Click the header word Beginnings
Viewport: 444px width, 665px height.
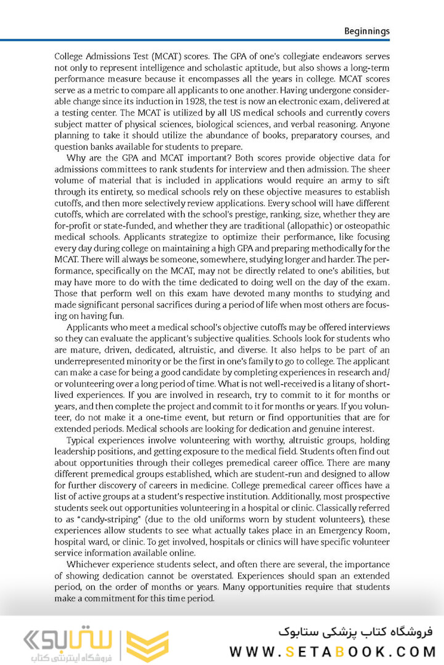tap(367, 31)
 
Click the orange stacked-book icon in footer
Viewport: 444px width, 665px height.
tap(148, 645)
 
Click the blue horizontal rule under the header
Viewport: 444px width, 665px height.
tap(222, 40)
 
